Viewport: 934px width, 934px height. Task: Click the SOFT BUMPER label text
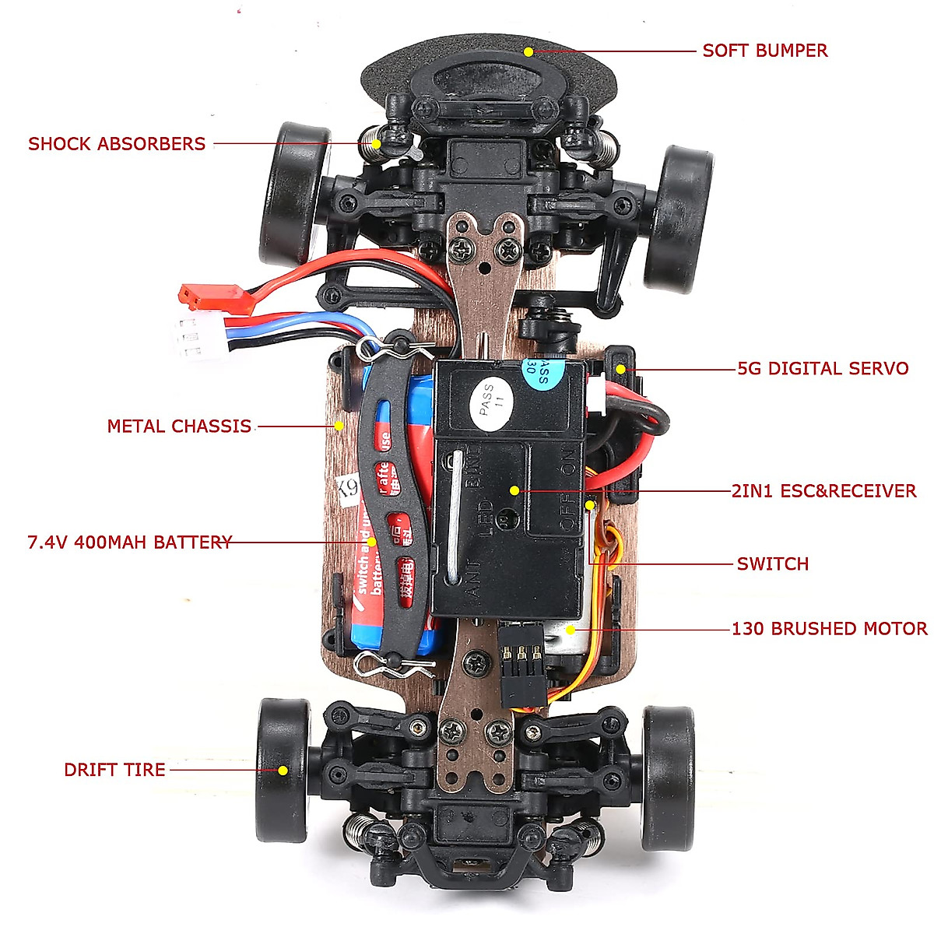point(764,51)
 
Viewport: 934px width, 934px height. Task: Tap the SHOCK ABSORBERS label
point(117,144)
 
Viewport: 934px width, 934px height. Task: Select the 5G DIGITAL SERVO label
point(823,369)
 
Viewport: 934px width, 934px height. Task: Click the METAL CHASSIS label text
point(179,427)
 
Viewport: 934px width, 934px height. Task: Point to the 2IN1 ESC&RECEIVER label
point(823,491)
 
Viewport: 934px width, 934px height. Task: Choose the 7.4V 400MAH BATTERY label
point(129,542)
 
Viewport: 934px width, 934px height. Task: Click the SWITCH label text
point(772,564)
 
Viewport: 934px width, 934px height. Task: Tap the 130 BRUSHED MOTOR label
point(829,629)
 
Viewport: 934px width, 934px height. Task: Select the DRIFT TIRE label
point(114,770)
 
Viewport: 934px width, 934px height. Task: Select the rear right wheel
point(667,777)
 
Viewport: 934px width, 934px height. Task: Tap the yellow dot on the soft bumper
point(528,52)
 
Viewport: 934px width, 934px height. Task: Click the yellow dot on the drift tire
point(283,771)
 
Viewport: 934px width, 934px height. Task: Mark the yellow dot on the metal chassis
point(339,426)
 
